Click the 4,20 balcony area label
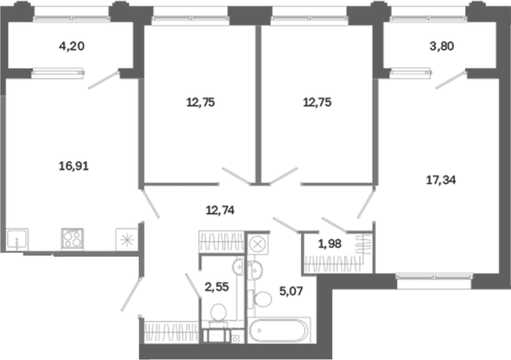pyautogui.click(x=71, y=46)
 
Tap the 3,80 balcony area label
pyautogui.click(x=441, y=46)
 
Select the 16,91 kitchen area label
pyautogui.click(x=74, y=166)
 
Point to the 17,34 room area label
pyautogui.click(x=441, y=179)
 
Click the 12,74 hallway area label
pyautogui.click(x=220, y=211)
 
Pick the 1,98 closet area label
pyautogui.click(x=330, y=244)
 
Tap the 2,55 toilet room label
pyautogui.click(x=217, y=287)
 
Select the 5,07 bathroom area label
pyautogui.click(x=291, y=290)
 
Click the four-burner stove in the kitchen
pyautogui.click(x=72, y=239)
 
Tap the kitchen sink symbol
pyautogui.click(x=17, y=239)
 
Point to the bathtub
pyautogui.click(x=278, y=331)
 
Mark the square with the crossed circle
pyautogui.click(x=258, y=244)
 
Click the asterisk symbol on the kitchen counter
pyautogui.click(x=127, y=240)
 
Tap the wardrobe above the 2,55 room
pyautogui.click(x=222, y=241)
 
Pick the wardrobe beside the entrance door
pyautogui.click(x=171, y=332)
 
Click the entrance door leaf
pyautogui.click(x=132, y=294)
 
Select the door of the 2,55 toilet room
pyautogui.click(x=193, y=286)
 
